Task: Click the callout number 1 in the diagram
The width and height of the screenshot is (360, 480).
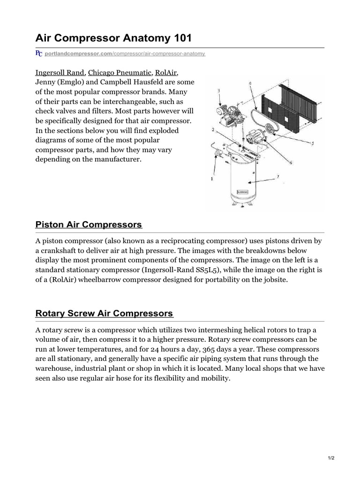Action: click(211, 179)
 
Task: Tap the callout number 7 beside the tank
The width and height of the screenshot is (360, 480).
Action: click(277, 176)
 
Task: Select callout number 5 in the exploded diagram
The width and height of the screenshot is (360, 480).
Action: click(312, 143)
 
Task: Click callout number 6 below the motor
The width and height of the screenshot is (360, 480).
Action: click(291, 163)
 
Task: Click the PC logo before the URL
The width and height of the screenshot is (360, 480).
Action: click(39, 54)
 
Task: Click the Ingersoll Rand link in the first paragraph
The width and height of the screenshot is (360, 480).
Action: click(60, 73)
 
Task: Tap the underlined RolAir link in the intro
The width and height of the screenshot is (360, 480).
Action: click(166, 73)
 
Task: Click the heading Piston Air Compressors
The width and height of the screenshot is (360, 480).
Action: click(89, 225)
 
